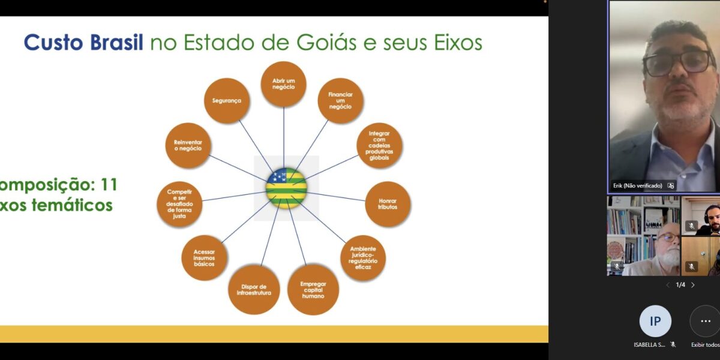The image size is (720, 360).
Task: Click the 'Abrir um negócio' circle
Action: point(283,85)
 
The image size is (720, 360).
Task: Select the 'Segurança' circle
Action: point(227,101)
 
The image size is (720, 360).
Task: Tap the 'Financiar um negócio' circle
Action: point(340,101)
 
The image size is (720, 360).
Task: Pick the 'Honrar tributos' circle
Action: point(388,204)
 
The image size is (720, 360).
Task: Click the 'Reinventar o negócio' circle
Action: point(188,145)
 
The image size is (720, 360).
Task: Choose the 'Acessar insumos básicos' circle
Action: point(204,258)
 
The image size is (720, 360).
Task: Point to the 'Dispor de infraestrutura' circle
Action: point(254,290)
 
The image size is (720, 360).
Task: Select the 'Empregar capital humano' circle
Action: point(313,290)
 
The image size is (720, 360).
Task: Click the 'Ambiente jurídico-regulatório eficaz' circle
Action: point(363,258)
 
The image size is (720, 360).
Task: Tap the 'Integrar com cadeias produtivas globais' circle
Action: point(379,146)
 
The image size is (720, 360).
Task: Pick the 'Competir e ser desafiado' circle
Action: point(179,204)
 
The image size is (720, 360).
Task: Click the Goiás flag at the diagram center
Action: point(286,188)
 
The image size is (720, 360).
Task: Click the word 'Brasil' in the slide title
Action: point(113,43)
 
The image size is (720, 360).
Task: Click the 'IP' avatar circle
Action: point(655,321)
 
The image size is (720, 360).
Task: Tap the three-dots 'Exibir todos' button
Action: point(705,321)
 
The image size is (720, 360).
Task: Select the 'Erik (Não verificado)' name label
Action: point(637,185)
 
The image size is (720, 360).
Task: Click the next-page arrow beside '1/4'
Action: point(693,285)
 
